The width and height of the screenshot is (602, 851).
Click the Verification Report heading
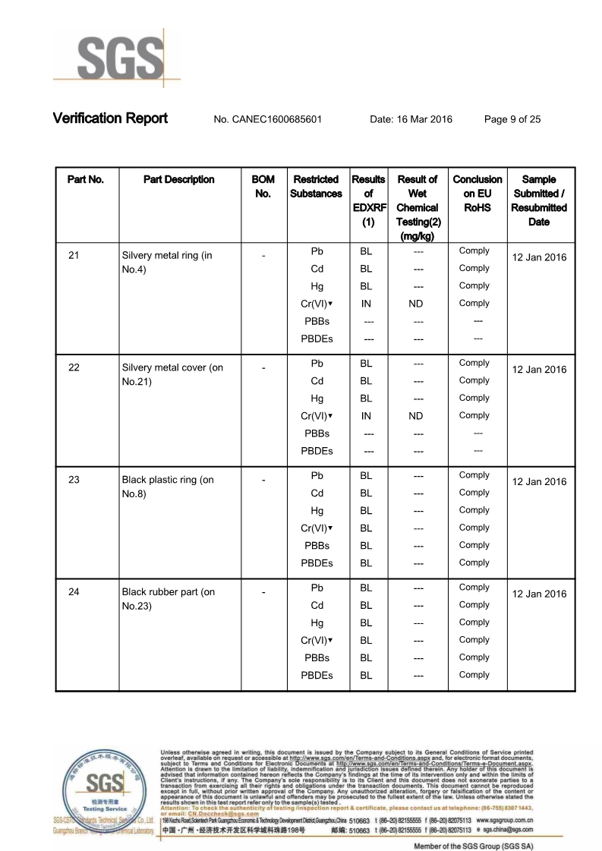[x=110, y=118]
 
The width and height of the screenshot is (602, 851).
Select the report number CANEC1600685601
[x=268, y=119]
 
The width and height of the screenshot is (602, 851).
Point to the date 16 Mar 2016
[x=411, y=119]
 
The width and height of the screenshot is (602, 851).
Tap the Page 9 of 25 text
[x=512, y=119]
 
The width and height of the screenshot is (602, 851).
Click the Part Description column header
[x=178, y=180]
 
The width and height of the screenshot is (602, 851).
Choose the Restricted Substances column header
[x=316, y=187]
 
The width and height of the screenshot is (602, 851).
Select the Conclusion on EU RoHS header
[x=478, y=194]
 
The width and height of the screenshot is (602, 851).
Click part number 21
[x=74, y=255]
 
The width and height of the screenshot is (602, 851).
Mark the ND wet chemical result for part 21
[x=415, y=304]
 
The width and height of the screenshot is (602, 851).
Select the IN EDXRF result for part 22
[x=366, y=416]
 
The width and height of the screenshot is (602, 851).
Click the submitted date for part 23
[x=539, y=482]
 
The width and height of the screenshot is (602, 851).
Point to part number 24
[x=74, y=592]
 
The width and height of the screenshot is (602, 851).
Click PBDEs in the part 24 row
[x=317, y=675]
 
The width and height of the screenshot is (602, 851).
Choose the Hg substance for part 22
[x=317, y=399]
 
